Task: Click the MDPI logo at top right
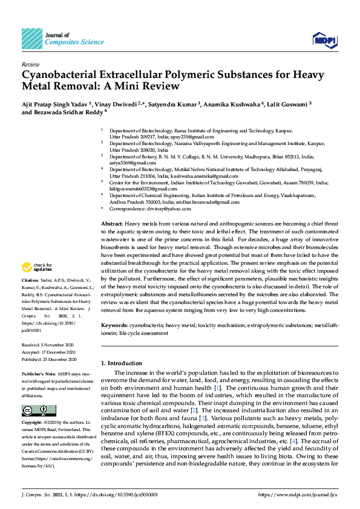pyautogui.click(x=324, y=41)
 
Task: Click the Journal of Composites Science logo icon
pyautogui.click(x=32, y=39)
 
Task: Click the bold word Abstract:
pyautogui.click(x=112, y=224)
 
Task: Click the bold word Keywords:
pyautogui.click(x=114, y=325)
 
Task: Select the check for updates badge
pyautogui.click(x=36, y=267)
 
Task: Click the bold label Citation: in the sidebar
pyautogui.click(x=30, y=281)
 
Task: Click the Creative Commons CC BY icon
pyautogui.click(x=31, y=410)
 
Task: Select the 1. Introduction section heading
pyautogui.click(x=122, y=363)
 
